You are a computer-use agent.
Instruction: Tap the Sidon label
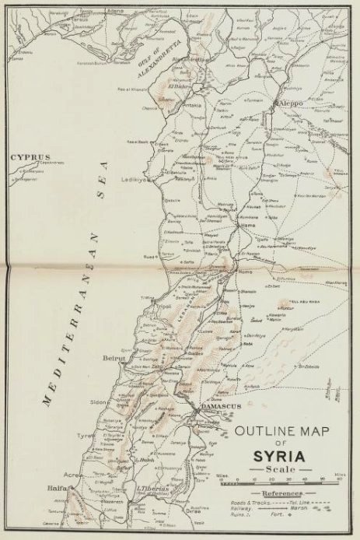pos(98,404)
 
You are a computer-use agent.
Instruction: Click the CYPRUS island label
pos(26,156)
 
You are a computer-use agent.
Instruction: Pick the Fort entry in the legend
pos(302,521)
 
